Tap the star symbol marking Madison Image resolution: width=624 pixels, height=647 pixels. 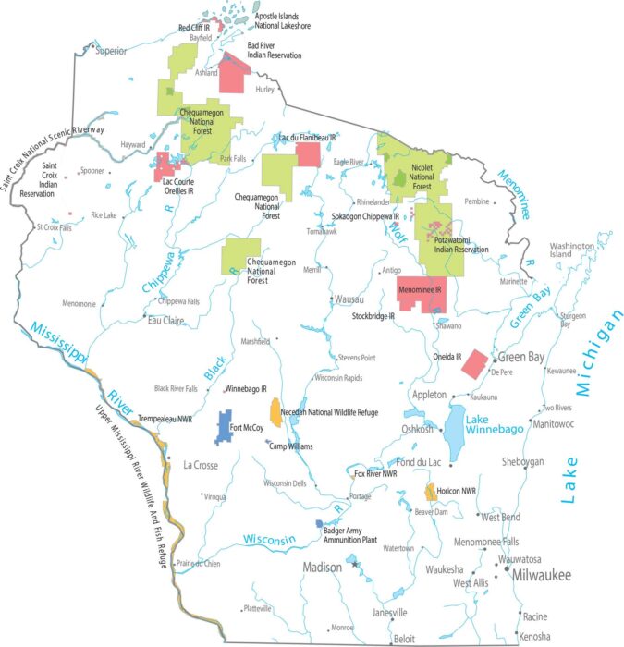[355, 564]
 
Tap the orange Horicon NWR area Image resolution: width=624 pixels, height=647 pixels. [430, 492]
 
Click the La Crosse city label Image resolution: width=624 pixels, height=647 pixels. [201, 465]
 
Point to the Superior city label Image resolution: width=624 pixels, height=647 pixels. [110, 50]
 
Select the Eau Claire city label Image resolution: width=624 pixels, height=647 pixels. [167, 321]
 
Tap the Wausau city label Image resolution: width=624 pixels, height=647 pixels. [349, 299]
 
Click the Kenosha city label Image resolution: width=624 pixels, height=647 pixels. [533, 636]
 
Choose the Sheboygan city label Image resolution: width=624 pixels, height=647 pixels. [522, 461]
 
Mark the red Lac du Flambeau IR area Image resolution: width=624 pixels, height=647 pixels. [308, 153]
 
